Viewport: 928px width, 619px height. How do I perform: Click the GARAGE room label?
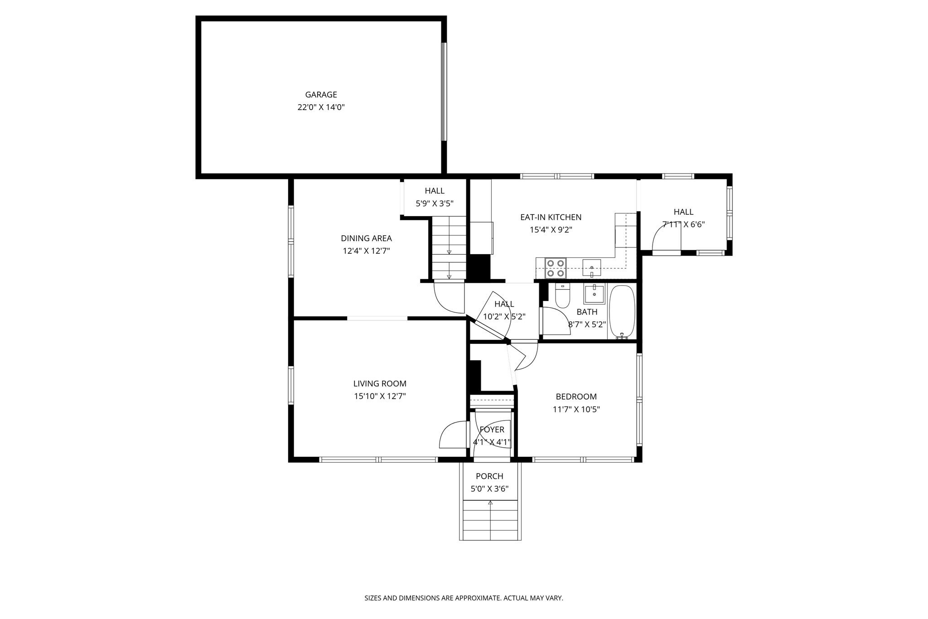click(x=321, y=95)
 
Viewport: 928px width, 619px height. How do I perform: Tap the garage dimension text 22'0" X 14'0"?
click(x=321, y=107)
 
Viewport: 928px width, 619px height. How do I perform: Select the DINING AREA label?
click(x=366, y=238)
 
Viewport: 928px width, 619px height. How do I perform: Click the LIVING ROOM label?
click(x=380, y=384)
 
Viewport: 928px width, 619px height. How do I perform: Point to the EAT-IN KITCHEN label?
click(x=551, y=218)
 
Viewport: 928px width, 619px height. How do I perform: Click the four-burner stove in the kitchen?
click(x=556, y=268)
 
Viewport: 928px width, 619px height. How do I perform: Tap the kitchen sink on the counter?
click(x=591, y=268)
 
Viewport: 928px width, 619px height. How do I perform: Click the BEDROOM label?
click(x=576, y=397)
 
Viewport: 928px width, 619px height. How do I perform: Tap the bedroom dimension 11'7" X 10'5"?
click(x=576, y=410)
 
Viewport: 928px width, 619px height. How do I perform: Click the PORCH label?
click(x=489, y=476)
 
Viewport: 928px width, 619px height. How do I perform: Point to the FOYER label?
click(x=492, y=430)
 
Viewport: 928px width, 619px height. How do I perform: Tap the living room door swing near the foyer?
click(x=453, y=435)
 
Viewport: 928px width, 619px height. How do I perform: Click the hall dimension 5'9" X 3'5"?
click(x=435, y=204)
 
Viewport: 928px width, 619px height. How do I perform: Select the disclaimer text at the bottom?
click(x=464, y=598)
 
